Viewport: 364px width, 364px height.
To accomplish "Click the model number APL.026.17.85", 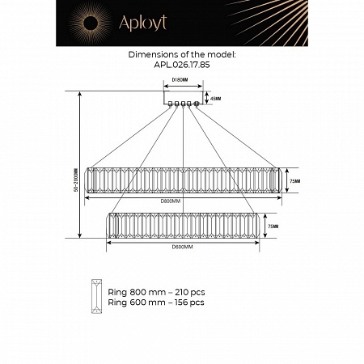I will (x=181, y=66).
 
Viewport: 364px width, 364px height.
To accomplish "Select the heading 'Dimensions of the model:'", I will (x=181, y=56).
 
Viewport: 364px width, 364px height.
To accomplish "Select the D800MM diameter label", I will (x=170, y=199).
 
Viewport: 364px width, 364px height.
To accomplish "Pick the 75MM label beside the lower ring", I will (x=273, y=226).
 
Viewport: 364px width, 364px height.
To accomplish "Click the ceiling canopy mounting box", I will (x=183, y=98).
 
